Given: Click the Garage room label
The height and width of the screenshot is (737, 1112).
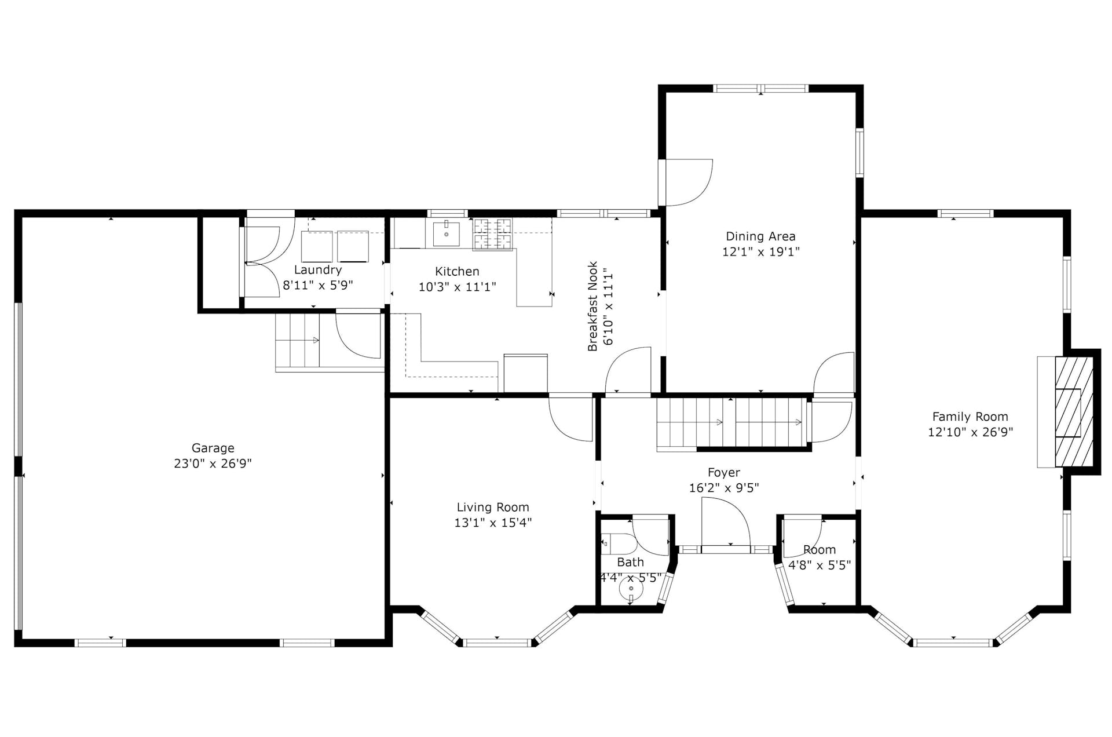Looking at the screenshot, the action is click(213, 448).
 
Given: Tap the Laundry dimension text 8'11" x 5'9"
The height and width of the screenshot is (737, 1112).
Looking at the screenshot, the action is click(317, 285).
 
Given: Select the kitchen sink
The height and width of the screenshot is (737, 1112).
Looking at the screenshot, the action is click(447, 233).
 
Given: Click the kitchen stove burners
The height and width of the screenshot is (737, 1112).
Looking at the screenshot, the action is click(493, 233).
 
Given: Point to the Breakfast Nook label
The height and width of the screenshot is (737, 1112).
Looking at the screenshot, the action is click(592, 307).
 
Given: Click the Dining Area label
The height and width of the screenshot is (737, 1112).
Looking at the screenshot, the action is click(760, 236).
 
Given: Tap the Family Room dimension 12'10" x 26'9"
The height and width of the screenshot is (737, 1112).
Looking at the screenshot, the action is click(970, 432).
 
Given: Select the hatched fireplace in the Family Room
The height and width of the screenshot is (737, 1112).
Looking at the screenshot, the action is click(1074, 411).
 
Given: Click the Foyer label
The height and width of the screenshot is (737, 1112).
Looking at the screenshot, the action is click(723, 473).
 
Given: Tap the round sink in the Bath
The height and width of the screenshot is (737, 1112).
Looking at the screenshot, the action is click(631, 589).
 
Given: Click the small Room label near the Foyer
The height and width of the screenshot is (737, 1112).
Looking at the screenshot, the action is click(820, 550).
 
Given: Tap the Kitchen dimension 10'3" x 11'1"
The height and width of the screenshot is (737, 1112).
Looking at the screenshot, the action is click(457, 287).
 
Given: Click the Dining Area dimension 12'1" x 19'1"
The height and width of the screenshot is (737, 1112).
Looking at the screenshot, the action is click(760, 252).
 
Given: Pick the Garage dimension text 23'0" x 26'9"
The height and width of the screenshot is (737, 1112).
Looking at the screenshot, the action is click(213, 464).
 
